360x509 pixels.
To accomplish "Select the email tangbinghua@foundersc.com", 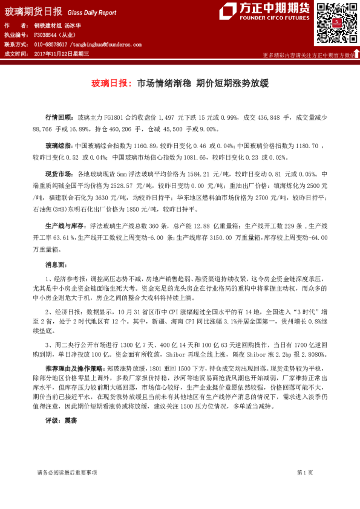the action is [106, 45].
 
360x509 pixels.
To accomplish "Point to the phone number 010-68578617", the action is [51, 45].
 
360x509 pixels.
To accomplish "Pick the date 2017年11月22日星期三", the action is [62, 54].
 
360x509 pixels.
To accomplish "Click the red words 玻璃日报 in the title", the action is [110, 84].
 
